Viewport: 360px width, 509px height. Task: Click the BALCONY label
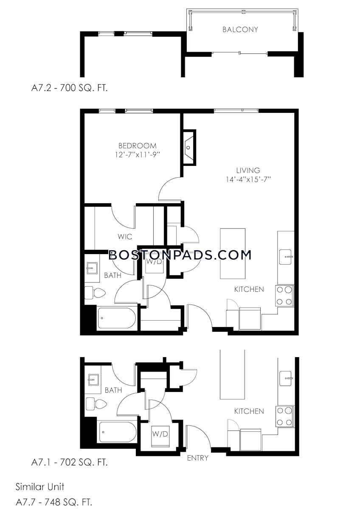pos(240,30)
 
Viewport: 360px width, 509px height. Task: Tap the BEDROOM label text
pos(137,145)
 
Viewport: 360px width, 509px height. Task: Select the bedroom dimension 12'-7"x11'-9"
pos(137,155)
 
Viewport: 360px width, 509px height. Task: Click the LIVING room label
pos(249,171)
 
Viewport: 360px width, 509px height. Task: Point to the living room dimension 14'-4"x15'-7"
pos(249,180)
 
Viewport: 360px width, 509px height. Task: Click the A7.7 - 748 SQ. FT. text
pos(54,502)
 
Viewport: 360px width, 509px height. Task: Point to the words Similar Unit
pos(40,486)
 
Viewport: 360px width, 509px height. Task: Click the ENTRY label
pos(198,458)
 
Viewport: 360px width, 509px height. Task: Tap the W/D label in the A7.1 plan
pos(160,434)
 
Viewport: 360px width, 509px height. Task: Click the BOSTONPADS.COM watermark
pos(180,255)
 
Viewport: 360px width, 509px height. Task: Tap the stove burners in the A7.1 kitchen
pos(285,417)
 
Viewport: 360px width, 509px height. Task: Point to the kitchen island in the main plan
pos(232,253)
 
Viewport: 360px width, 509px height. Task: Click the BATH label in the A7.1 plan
pos(113,390)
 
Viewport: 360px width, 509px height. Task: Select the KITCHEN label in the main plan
pos(249,289)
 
